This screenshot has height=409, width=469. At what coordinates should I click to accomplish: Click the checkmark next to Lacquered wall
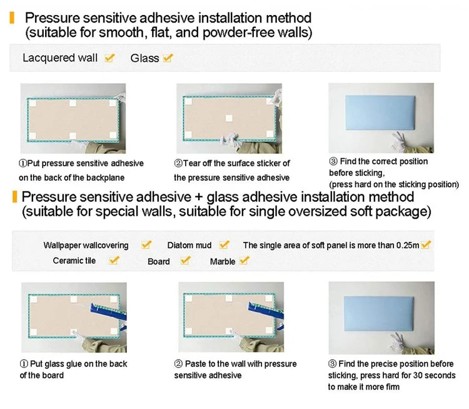click(109, 58)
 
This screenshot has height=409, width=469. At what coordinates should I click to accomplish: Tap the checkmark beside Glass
click(168, 58)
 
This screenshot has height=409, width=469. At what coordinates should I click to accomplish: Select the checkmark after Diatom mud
click(224, 245)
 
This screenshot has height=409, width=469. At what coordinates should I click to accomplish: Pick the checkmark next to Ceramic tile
click(114, 260)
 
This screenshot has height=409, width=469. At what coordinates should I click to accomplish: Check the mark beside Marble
click(245, 260)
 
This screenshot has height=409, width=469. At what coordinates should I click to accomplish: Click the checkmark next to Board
click(186, 260)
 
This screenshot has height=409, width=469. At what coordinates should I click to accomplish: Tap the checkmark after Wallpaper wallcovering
click(146, 245)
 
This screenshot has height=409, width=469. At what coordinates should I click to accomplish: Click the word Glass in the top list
click(145, 58)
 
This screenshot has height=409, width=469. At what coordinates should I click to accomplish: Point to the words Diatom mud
click(189, 245)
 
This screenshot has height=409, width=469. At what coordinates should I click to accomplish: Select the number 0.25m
click(408, 245)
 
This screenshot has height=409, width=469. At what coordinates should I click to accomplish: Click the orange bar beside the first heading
click(12, 18)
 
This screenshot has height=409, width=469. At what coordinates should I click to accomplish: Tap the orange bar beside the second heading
click(14, 197)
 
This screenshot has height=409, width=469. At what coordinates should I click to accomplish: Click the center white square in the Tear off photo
click(229, 118)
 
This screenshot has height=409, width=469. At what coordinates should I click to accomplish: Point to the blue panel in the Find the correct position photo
click(380, 113)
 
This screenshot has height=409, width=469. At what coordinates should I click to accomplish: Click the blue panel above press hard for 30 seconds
click(379, 314)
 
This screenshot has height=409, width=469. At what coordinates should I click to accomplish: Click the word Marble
click(223, 261)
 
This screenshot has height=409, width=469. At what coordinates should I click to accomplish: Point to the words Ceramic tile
click(74, 261)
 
